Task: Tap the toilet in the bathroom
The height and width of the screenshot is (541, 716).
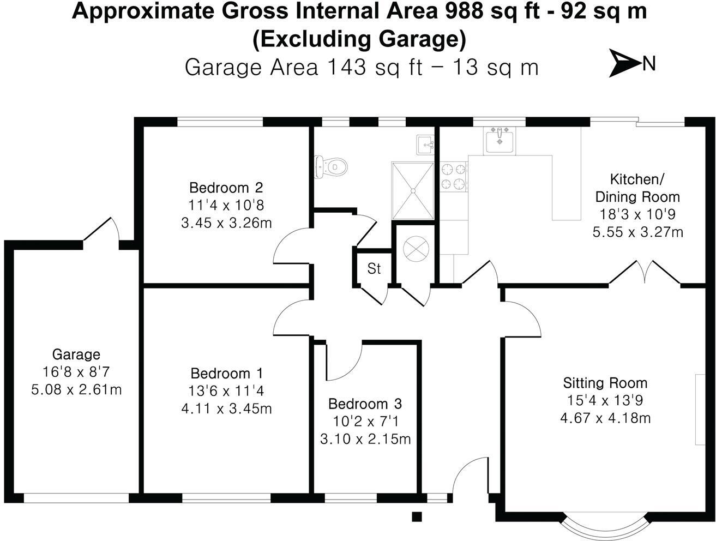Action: click(x=330, y=165)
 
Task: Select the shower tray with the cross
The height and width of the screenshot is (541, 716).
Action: click(x=413, y=190)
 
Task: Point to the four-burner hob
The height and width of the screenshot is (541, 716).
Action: click(x=454, y=177)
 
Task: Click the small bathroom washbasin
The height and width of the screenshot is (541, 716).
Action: click(x=425, y=145)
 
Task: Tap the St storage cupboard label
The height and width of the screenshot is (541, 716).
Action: click(x=374, y=268)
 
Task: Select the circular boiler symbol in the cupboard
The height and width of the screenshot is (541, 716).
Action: click(x=416, y=248)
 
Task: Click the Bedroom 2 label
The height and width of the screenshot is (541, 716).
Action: click(x=226, y=188)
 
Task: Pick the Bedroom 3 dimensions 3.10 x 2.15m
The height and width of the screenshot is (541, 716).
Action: click(x=365, y=438)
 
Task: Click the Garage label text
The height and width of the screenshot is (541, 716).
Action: click(x=76, y=354)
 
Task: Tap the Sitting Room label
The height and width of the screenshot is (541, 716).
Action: click(x=605, y=382)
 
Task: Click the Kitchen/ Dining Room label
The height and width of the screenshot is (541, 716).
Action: click(x=637, y=188)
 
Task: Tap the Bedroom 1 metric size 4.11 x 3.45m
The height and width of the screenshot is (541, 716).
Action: click(x=226, y=408)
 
